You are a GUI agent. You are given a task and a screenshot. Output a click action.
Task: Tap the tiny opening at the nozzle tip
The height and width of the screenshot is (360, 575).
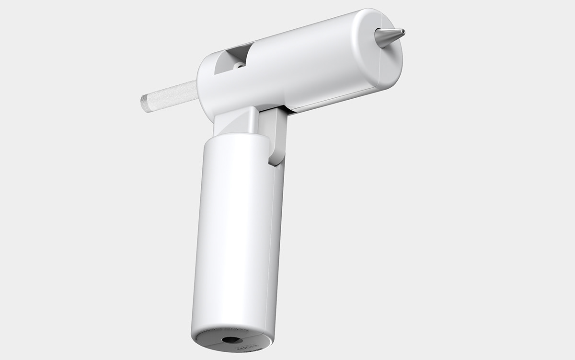[x=403, y=32]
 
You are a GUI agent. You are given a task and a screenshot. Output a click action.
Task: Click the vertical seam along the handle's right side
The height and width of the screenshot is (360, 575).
[x=275, y=240]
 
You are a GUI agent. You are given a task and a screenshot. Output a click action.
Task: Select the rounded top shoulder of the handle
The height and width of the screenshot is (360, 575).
[x=235, y=137]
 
